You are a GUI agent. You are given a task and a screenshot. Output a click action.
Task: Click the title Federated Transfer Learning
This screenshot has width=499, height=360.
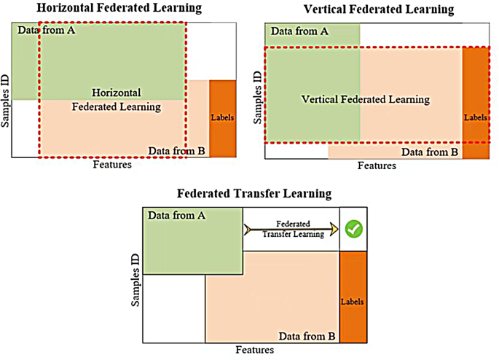pyautogui.click(x=254, y=194)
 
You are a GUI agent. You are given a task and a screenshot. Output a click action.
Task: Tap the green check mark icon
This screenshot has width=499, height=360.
pyautogui.click(x=353, y=229)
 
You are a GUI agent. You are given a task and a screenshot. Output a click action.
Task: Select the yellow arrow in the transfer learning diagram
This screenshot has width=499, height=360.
pyautogui.click(x=291, y=230)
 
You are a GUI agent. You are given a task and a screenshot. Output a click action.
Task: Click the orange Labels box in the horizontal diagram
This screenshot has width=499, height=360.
pyautogui.click(x=222, y=118)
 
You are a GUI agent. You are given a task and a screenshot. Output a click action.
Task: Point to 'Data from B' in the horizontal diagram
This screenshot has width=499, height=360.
pyautogui.click(x=177, y=151)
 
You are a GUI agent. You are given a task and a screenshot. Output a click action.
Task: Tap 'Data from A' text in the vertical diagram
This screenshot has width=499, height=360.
pyautogui.click(x=299, y=31)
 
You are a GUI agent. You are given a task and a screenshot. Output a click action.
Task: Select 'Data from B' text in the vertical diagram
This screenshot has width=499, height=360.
pyautogui.click(x=428, y=152)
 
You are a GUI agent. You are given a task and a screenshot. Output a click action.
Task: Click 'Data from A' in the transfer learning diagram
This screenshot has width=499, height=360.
pyautogui.click(x=176, y=215)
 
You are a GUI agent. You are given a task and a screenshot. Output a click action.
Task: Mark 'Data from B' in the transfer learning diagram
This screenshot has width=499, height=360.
pyautogui.click(x=306, y=336)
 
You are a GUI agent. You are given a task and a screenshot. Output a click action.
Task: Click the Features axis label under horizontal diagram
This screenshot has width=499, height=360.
pyautogui.click(x=112, y=164)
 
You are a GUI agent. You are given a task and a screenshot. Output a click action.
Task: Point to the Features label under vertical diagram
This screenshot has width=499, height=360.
pyautogui.click(x=377, y=165)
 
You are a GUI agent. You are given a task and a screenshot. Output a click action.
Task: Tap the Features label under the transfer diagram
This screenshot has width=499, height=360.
pyautogui.click(x=254, y=350)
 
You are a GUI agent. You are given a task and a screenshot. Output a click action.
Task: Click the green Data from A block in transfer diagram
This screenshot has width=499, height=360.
pyautogui.click(x=193, y=244)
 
